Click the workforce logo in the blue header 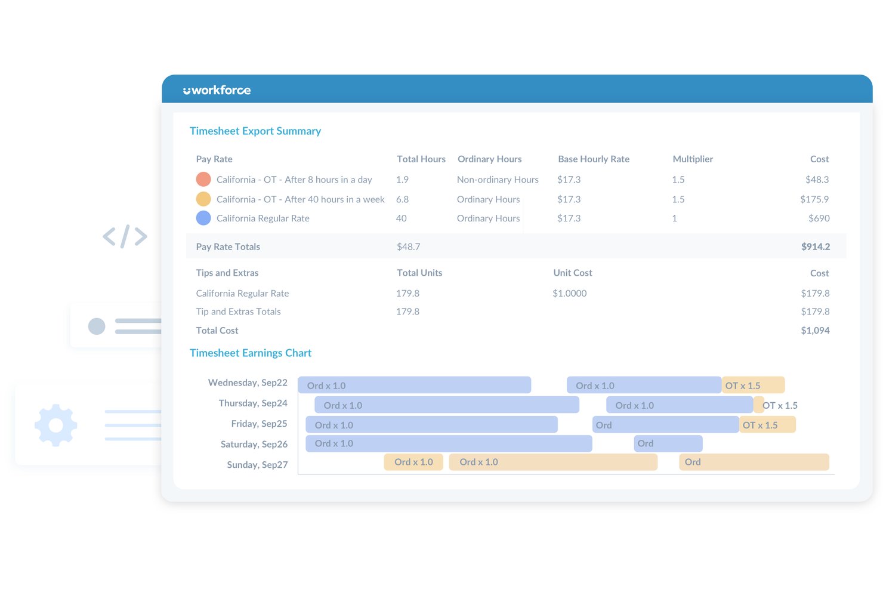pos(217,90)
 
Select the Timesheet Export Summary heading pos(255,131)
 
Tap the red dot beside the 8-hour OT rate pos(203,179)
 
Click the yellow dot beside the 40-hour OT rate pos(203,199)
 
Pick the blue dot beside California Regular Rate pos(203,218)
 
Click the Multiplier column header pos(693,159)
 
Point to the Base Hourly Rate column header pos(594,159)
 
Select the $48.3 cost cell pos(817,180)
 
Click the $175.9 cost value pos(814,199)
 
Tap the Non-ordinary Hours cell pos(498,180)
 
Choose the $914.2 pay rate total pos(816,246)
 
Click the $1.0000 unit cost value pos(570,293)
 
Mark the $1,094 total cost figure pos(815,331)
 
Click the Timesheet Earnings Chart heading pos(251,353)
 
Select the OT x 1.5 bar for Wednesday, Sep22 pos(754,385)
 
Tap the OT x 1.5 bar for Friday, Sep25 pos(767,425)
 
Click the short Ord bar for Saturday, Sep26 pos(668,443)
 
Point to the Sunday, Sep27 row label pos(257,464)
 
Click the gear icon pos(55,425)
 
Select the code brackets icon pos(125,236)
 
